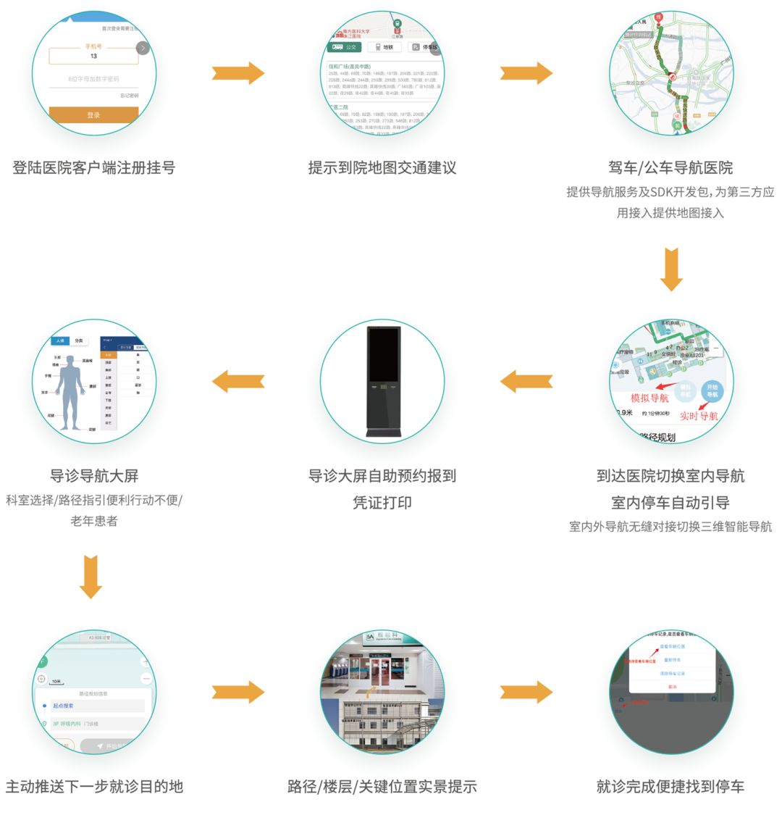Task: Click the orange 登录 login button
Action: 93,114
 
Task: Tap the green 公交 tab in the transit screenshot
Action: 344,47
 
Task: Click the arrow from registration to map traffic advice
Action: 237,72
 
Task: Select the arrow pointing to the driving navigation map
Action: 526,72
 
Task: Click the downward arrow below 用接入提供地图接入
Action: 671,269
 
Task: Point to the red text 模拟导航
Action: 649,398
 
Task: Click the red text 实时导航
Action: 699,416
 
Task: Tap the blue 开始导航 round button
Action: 712,390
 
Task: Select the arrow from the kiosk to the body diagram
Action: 237,381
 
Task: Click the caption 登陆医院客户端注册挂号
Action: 93,167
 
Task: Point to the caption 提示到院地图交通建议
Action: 382,167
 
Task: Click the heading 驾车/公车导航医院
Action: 670,167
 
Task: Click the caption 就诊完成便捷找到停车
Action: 670,786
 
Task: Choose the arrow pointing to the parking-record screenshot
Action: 526,692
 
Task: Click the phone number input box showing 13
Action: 93,57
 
